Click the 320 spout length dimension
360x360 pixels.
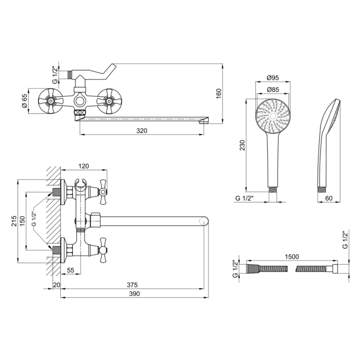click(142, 131)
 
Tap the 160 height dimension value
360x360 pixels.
click(219, 94)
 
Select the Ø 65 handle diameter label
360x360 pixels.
click(24, 101)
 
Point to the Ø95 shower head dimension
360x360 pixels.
click(273, 78)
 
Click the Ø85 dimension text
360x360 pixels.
click(273, 90)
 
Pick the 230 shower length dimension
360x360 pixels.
click(242, 145)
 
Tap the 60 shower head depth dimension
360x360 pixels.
click(329, 198)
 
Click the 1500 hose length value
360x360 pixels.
click(292, 256)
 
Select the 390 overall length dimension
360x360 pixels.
click(134, 294)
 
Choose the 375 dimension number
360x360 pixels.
click(132, 285)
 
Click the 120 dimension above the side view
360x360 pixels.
click(84, 166)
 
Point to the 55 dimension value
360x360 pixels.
click(71, 270)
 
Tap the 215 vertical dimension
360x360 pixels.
click(14, 221)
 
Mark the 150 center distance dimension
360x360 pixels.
click(22, 221)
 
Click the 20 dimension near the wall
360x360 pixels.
click(57, 285)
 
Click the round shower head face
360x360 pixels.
click(273, 116)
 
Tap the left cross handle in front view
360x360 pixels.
click(50, 101)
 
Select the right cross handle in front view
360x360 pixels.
click(109, 101)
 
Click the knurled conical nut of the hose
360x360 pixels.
click(253, 269)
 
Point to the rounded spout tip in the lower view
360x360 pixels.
click(204, 221)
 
